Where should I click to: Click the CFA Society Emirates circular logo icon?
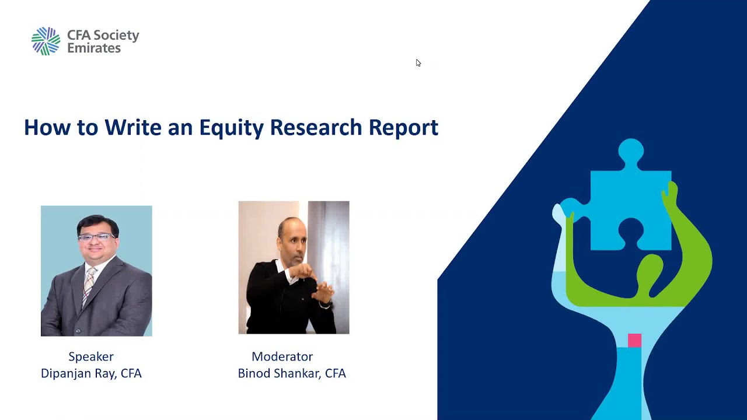pyautogui.click(x=46, y=41)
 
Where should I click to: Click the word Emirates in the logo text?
pyautogui.click(x=94, y=48)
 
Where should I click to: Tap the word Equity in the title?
pyautogui.click(x=232, y=127)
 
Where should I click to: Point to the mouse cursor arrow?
pyautogui.click(x=418, y=62)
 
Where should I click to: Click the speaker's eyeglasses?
pyautogui.click(x=96, y=237)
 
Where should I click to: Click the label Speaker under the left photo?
pyautogui.click(x=91, y=356)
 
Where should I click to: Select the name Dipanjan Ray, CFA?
pyautogui.click(x=91, y=373)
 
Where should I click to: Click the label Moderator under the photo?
pyautogui.click(x=282, y=356)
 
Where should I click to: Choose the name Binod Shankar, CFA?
pyautogui.click(x=292, y=373)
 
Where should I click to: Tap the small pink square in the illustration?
pyautogui.click(x=634, y=340)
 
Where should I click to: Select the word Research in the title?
pyautogui.click(x=316, y=127)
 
